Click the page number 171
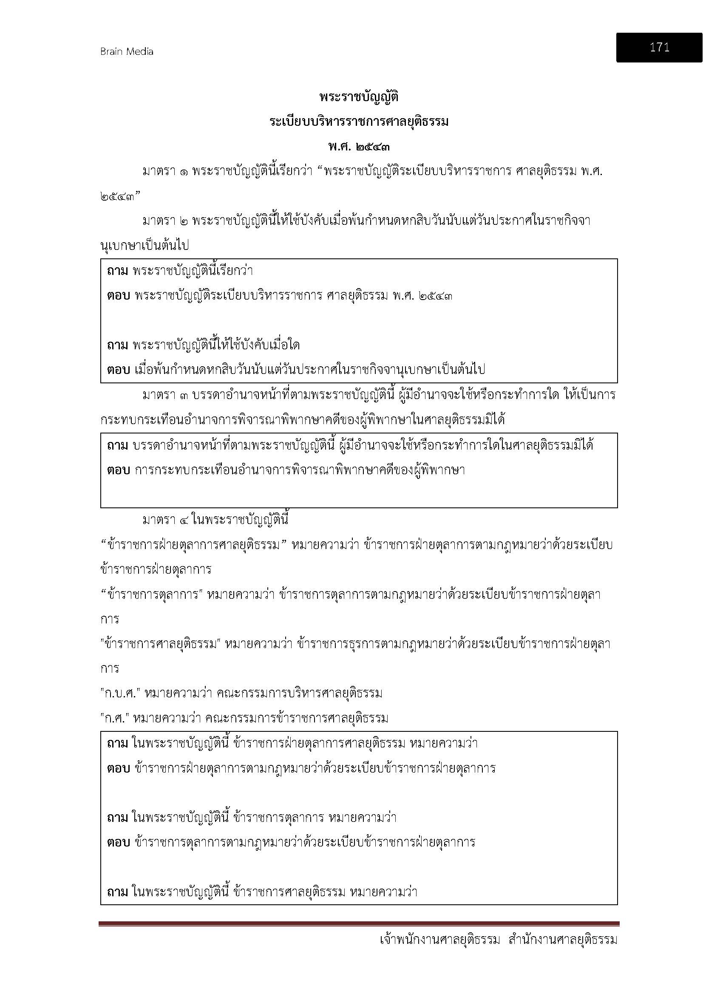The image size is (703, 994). [659, 47]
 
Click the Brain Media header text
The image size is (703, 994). [126, 51]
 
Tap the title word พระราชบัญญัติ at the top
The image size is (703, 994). [358, 97]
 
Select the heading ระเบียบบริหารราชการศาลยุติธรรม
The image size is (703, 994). [358, 122]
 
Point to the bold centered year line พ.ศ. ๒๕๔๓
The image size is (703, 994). [358, 147]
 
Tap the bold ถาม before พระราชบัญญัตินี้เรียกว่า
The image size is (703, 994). [117, 271]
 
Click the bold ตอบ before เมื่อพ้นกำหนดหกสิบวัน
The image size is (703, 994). [118, 369]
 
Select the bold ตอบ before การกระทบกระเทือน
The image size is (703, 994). [118, 470]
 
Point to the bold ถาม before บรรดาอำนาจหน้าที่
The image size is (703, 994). [117, 445]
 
